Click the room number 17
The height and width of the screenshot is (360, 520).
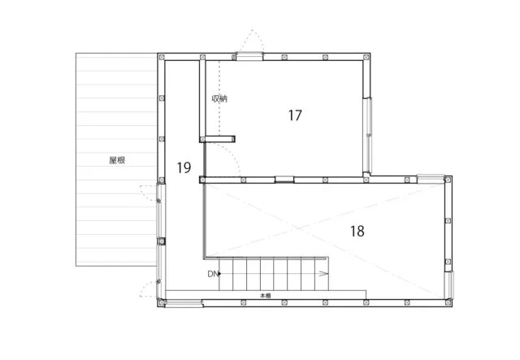[295, 115]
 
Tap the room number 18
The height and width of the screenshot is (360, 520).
[357, 231]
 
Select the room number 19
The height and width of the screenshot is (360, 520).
[184, 167]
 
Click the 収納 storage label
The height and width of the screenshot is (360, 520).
[219, 98]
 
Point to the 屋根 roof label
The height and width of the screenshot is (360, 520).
[117, 160]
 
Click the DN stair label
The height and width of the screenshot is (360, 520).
[213, 274]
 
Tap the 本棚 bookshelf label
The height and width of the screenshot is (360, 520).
[266, 295]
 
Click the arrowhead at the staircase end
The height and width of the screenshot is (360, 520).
[324, 274]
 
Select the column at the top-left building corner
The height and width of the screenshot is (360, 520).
[162, 58]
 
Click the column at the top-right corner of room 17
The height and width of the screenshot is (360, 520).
[366, 58]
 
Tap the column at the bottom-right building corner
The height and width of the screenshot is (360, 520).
[448, 302]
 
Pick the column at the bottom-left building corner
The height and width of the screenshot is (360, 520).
[162, 302]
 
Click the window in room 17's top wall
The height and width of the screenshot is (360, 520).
[249, 57]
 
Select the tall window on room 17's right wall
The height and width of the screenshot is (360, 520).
[367, 136]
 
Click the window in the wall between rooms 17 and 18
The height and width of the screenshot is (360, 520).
[284, 180]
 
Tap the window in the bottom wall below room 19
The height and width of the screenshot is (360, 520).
[184, 304]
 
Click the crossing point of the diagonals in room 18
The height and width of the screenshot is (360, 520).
[301, 228]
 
